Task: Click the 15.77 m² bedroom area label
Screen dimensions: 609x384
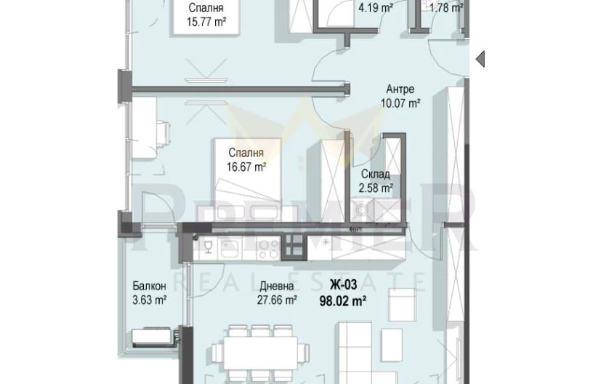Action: tap(206, 22)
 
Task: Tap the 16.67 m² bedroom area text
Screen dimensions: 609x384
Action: tap(246, 167)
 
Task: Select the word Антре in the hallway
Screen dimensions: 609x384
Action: tap(400, 89)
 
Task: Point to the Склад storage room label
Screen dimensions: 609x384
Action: tap(375, 174)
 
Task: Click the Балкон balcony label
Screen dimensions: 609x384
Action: tap(149, 286)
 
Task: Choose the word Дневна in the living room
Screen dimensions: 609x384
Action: tap(277, 287)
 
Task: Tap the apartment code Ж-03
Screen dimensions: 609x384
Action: tap(343, 285)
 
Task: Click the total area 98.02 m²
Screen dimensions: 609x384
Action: tap(343, 301)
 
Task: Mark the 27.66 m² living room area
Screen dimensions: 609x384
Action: tap(277, 300)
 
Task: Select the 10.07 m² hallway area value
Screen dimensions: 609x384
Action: tap(400, 103)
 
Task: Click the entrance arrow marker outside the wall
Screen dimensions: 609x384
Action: tap(480, 59)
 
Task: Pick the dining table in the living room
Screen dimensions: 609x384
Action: tap(260, 353)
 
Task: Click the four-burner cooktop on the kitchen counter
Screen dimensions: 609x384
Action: tap(268, 249)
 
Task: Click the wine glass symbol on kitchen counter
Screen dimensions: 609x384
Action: tap(209, 247)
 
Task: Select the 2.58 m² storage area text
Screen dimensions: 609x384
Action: tap(376, 188)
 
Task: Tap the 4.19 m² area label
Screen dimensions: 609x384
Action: tap(376, 7)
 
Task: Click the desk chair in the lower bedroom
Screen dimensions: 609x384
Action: tap(163, 134)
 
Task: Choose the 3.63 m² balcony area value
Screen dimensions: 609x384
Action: tap(150, 300)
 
